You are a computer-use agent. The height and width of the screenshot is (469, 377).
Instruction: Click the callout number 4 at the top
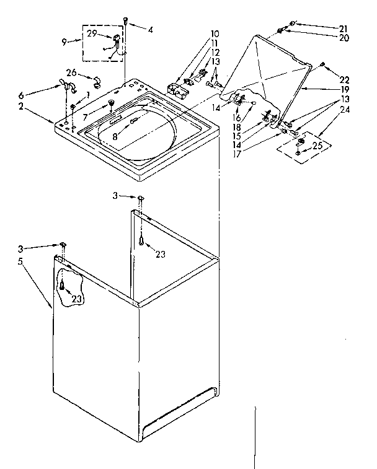click(149, 28)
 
